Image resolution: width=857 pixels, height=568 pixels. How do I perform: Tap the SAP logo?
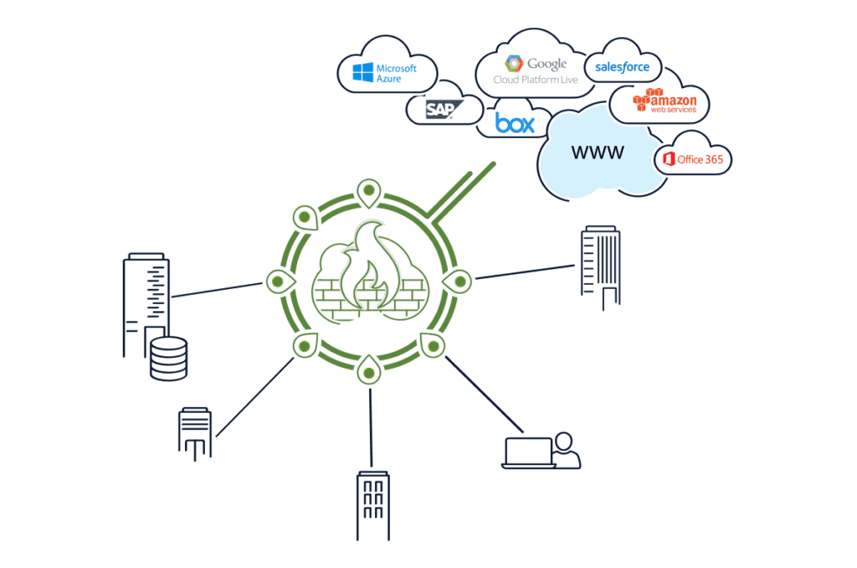click(x=439, y=110)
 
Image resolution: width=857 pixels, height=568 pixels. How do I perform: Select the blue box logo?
click(x=514, y=123)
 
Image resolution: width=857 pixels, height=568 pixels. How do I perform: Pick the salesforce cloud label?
click(x=623, y=66)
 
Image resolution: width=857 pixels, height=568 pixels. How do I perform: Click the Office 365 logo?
click(x=694, y=158)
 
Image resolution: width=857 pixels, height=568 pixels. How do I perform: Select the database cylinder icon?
click(x=167, y=358)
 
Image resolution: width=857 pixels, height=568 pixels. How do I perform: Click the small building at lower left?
click(x=195, y=432)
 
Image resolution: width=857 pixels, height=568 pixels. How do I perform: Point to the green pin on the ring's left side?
click(x=279, y=281)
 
